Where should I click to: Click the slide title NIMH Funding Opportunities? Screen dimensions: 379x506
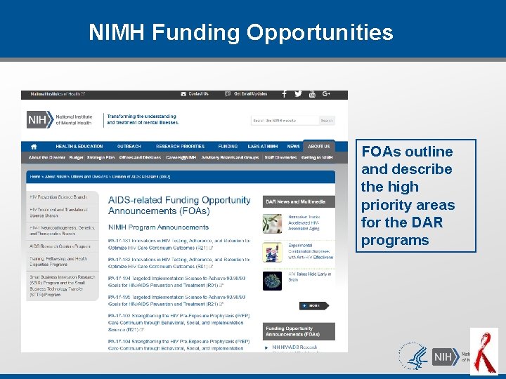point(241,32)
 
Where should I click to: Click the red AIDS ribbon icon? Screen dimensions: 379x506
point(484,352)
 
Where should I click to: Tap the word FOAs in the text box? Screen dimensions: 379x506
point(384,152)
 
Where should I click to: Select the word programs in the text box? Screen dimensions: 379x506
point(395,240)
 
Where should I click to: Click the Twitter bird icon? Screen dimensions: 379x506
point(298,94)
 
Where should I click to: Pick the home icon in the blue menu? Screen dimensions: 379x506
point(34,147)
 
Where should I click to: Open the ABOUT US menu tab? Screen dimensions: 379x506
point(318,147)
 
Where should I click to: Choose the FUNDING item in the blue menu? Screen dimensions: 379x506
point(228,147)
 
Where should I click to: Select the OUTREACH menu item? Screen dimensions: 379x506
point(129,147)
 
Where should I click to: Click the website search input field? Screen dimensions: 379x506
point(284,121)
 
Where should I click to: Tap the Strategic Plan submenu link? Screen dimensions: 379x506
point(100,157)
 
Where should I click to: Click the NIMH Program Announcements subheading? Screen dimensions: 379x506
point(158,227)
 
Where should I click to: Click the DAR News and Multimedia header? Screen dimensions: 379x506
point(295,201)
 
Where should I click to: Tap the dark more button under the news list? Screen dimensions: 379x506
point(313,305)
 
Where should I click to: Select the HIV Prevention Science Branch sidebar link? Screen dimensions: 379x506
point(58,197)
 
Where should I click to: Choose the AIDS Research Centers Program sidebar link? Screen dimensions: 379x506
point(60,246)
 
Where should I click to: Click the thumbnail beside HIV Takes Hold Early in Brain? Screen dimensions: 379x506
point(273,280)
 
